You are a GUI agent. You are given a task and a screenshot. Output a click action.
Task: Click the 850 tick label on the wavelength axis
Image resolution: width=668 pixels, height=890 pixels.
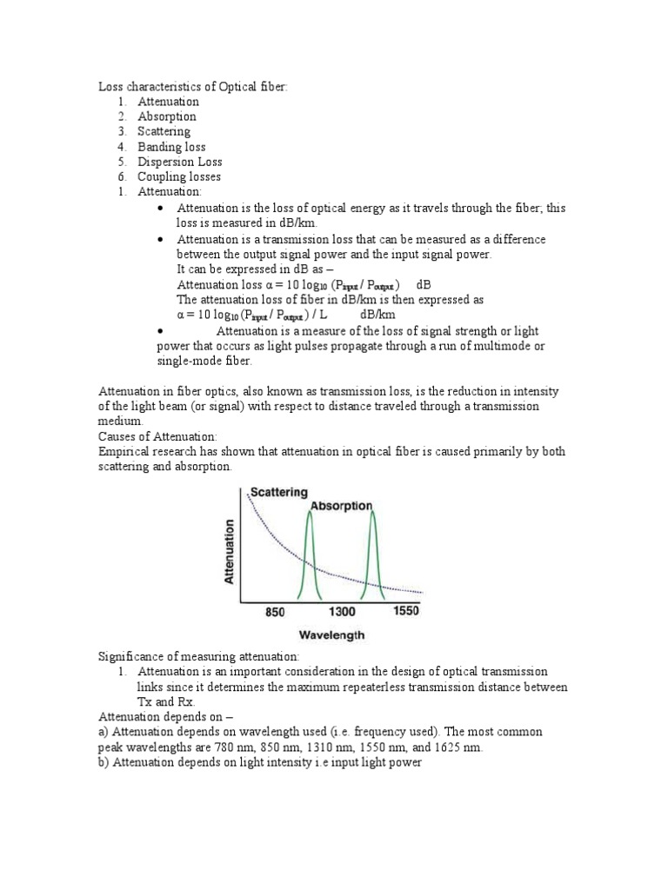[x=275, y=612]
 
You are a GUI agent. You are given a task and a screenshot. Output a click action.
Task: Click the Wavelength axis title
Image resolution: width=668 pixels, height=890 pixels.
[x=332, y=635]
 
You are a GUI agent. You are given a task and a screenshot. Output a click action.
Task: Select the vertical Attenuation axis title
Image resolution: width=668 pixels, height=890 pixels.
[x=230, y=551]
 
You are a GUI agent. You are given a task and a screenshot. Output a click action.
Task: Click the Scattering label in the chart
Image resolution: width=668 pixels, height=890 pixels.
[x=278, y=492]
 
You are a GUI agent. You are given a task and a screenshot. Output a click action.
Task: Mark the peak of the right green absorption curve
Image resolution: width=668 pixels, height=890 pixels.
[x=373, y=513]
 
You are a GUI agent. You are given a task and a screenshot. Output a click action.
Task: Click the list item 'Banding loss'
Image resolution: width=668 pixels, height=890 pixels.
[x=171, y=147]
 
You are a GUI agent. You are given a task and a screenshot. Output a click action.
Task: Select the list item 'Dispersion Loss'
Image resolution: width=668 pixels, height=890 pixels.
[x=179, y=162]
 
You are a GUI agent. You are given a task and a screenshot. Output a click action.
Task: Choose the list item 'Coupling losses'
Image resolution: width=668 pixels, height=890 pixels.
[x=179, y=176]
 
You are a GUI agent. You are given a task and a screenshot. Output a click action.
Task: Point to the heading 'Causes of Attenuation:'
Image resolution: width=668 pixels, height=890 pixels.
[x=157, y=436]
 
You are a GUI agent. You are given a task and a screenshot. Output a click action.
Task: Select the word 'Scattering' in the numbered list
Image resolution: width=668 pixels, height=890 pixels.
[x=164, y=132]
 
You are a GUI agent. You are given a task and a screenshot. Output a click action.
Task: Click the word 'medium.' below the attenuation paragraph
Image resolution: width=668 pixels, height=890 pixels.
[x=120, y=422]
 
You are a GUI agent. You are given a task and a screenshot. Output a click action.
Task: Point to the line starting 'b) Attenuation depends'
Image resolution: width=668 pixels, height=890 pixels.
[x=259, y=763]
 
